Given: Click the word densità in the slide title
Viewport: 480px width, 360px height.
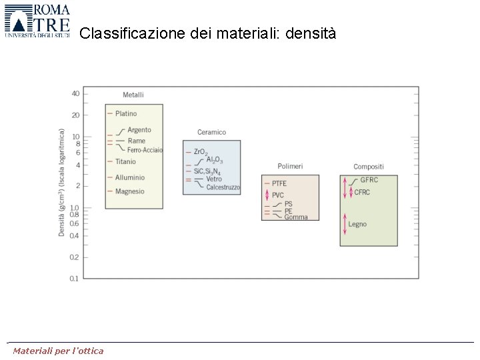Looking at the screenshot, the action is pyautogui.click(x=311, y=33).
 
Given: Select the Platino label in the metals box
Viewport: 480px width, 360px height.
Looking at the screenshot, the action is pyautogui.click(x=125, y=114).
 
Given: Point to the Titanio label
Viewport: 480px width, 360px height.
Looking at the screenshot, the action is pyautogui.click(x=125, y=161).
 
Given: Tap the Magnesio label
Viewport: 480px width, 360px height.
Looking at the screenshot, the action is pyautogui.click(x=129, y=191).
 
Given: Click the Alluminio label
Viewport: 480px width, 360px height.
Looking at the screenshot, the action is pyautogui.click(x=129, y=177).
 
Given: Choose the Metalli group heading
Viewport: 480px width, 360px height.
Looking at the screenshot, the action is pyautogui.click(x=133, y=95).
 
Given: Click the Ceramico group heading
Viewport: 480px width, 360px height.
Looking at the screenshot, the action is pyautogui.click(x=211, y=132).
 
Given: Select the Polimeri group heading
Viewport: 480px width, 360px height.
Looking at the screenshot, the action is pyautogui.click(x=290, y=166).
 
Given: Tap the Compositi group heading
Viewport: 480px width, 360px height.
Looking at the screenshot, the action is pyautogui.click(x=368, y=166).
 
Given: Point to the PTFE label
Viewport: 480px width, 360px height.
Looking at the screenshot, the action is pyautogui.click(x=279, y=183).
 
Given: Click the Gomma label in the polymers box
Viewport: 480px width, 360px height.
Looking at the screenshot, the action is pyautogui.click(x=296, y=217).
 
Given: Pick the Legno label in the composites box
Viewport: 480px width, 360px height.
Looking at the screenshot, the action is pyautogui.click(x=357, y=224).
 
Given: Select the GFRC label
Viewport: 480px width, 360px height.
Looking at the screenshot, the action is pyautogui.click(x=369, y=180).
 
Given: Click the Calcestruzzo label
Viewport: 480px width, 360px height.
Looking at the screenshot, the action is pyautogui.click(x=223, y=187).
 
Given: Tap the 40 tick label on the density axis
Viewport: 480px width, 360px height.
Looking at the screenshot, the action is pyautogui.click(x=75, y=93).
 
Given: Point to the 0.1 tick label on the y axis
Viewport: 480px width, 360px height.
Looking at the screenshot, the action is pyautogui.click(x=74, y=278).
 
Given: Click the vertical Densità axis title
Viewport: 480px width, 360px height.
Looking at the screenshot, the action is pyautogui.click(x=62, y=182).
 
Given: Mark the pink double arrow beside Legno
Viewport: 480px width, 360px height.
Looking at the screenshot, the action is pyautogui.click(x=345, y=224).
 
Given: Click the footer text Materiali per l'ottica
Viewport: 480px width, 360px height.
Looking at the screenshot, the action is pyautogui.click(x=58, y=351).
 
